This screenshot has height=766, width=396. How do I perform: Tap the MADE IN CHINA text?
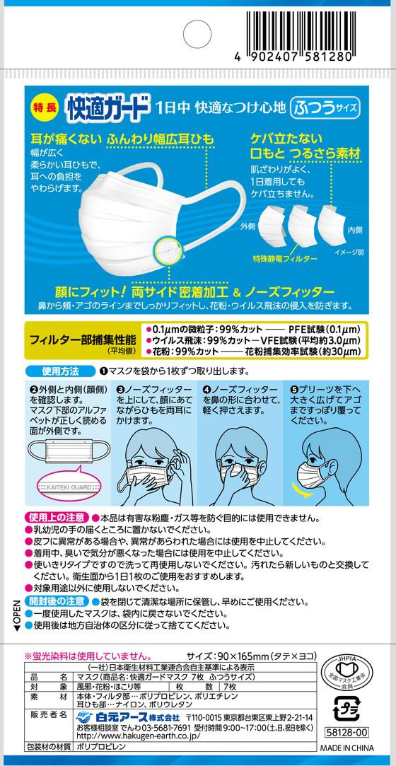point(347,749)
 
